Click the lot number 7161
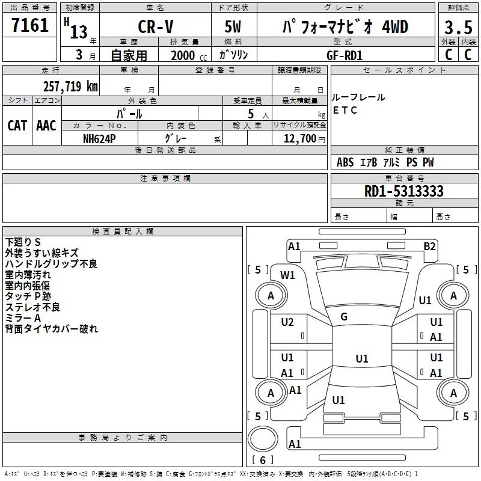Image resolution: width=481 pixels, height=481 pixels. [x=30, y=26]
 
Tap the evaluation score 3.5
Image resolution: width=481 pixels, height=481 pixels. [x=458, y=28]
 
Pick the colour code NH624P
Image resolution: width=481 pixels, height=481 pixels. [x=99, y=138]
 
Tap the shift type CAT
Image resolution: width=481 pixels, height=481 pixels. [x=17, y=125]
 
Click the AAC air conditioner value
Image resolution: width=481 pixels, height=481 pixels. [x=46, y=125]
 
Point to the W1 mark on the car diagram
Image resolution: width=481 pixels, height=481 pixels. [x=288, y=275]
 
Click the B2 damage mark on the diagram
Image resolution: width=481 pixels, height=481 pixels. [x=429, y=246]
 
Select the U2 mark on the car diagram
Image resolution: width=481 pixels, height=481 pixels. [x=287, y=322]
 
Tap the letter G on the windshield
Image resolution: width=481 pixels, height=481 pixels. [x=344, y=316]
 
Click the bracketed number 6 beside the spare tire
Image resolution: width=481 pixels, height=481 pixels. [x=263, y=460]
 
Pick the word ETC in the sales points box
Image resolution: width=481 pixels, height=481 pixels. [x=345, y=110]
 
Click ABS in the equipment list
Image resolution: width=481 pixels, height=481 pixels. [x=345, y=162]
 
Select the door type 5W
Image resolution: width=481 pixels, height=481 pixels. [x=234, y=28]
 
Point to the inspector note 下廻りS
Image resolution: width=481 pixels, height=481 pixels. [x=23, y=242]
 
